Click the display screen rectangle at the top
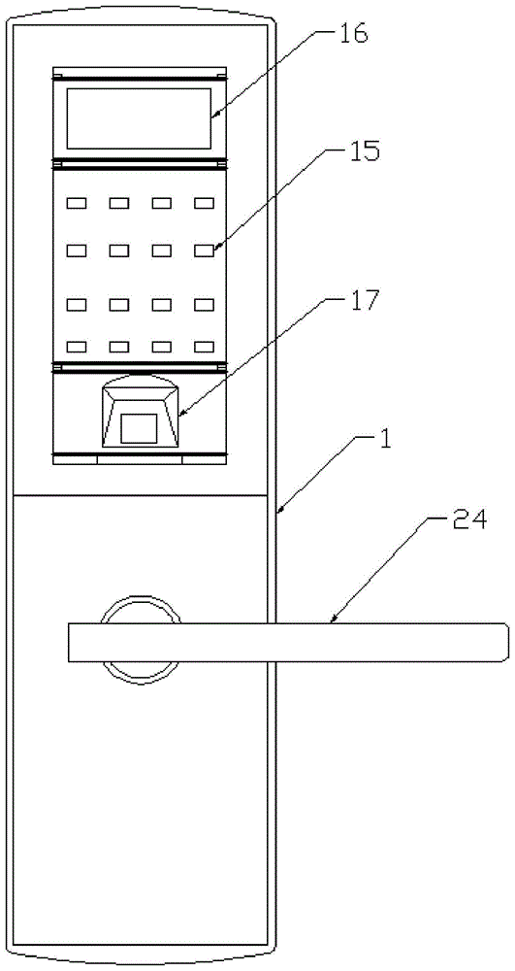pos(139,118)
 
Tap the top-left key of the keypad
pos(77,203)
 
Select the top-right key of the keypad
pos(204,203)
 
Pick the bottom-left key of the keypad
pos(77,347)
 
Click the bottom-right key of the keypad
pos(204,347)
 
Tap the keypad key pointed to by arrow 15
pos(204,251)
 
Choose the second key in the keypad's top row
pos(119,203)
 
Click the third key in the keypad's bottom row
pos(162,347)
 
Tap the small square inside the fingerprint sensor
pos(139,428)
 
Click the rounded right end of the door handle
pos(504,643)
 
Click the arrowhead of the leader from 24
pos(333,619)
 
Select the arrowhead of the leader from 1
pos(279,511)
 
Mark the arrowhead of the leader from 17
pos(180,413)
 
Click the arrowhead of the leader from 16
pos(212,115)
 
